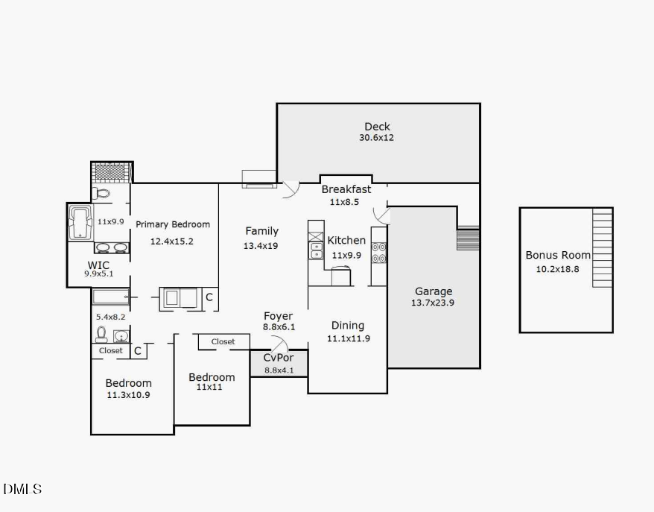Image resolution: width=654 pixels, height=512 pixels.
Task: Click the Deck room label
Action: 377,127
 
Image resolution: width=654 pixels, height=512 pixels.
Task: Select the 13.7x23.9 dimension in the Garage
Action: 434,303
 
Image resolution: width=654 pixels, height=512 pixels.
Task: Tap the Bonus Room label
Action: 558,255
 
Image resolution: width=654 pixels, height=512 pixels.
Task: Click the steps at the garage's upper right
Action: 467,239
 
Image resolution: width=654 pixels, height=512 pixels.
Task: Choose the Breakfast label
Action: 346,189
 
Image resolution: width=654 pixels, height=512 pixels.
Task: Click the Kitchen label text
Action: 346,240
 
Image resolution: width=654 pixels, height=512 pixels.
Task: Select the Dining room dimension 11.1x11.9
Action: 348,338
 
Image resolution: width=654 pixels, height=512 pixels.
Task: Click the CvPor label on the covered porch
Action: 279,358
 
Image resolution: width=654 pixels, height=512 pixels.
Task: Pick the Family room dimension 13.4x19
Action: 260,245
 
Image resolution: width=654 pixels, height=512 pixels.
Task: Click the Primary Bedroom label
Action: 172,224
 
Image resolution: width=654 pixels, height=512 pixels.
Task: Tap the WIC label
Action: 98,265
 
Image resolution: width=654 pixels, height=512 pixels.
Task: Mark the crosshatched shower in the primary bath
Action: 111,171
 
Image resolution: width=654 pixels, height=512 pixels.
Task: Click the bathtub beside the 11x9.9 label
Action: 80,223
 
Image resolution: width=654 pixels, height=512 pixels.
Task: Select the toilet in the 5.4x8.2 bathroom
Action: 102,333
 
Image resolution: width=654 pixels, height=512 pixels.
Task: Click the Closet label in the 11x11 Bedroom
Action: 223,341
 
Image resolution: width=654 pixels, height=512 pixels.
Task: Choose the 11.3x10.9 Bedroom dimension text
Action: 128,395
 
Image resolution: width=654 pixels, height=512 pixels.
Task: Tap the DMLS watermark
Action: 22,490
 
